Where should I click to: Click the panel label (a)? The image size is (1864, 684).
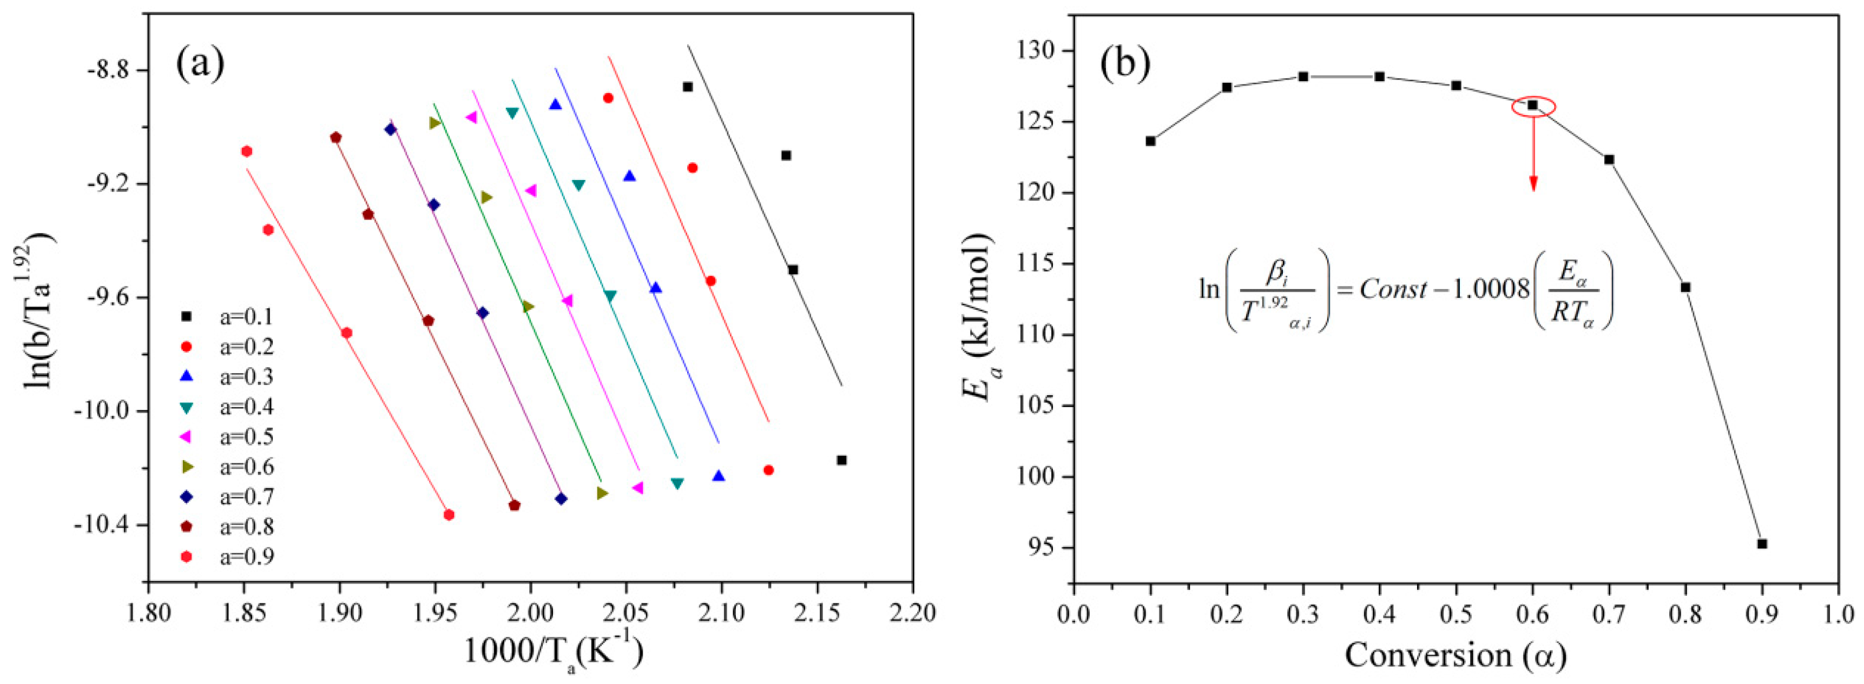(x=200, y=64)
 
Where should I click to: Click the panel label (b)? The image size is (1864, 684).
(x=1124, y=64)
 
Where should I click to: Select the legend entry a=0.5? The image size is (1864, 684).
(x=246, y=437)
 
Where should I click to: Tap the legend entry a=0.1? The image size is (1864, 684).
(x=246, y=317)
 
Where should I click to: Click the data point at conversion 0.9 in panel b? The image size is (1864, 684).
(x=1762, y=544)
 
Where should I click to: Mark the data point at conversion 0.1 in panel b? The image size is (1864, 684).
(x=1150, y=141)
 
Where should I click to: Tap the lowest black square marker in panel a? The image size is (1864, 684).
(x=841, y=460)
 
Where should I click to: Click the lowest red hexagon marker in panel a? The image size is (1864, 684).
(x=449, y=515)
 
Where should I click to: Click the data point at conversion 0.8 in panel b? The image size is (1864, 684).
(x=1685, y=287)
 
